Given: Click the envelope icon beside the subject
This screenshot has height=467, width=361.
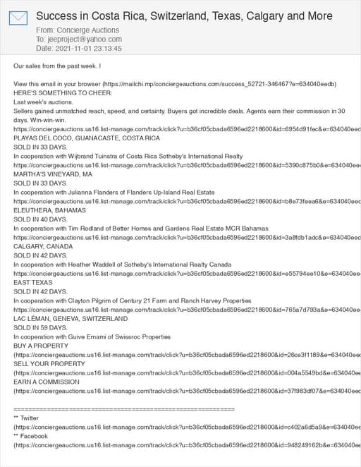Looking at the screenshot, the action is tap(18, 18).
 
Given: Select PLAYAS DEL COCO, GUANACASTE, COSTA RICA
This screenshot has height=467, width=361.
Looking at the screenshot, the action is tap(87, 138).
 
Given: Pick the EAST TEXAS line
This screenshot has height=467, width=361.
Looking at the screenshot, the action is tap(33, 282).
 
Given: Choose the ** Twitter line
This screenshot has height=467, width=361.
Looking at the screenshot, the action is tap(26, 418).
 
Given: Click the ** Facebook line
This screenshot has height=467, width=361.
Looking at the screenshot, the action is tap(30, 437).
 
